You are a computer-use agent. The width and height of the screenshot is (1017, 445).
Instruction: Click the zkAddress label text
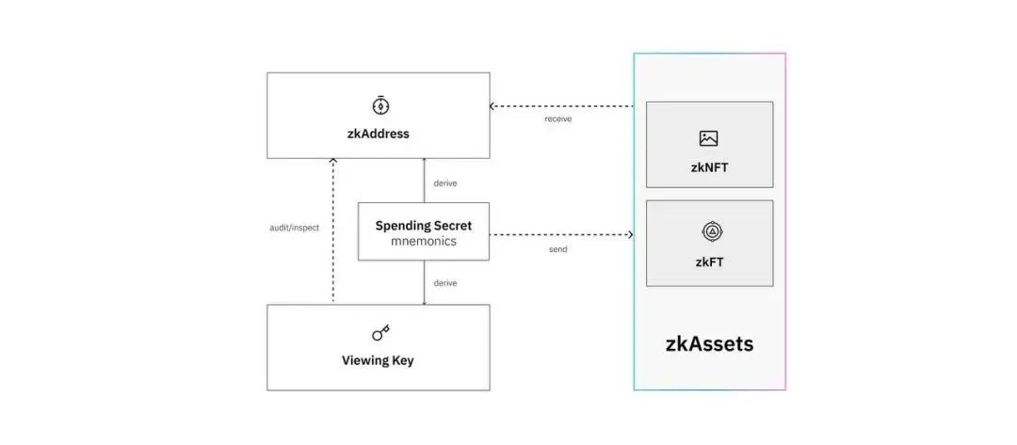click(x=379, y=135)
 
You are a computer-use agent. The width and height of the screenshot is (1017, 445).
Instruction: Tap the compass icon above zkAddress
click(x=380, y=105)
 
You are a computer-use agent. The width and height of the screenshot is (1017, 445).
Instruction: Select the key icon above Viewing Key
click(x=380, y=333)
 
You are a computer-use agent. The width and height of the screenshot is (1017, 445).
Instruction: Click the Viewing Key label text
click(x=378, y=360)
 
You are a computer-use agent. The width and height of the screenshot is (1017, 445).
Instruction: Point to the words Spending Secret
click(x=424, y=226)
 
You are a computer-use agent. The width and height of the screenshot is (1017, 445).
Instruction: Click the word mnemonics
click(x=424, y=242)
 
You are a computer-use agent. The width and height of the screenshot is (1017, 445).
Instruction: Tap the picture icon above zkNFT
click(x=709, y=138)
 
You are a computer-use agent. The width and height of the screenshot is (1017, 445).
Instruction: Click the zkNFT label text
click(x=709, y=167)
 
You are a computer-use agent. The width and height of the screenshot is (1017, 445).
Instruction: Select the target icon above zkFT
click(x=712, y=231)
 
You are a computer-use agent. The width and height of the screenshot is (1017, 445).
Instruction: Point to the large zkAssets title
click(x=710, y=343)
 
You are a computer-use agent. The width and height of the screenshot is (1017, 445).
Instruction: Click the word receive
click(x=558, y=119)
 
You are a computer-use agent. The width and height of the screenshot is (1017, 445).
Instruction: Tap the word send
click(x=557, y=249)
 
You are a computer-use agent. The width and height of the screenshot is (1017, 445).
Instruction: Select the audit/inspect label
click(x=295, y=228)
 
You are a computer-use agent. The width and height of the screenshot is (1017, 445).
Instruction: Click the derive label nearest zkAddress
click(x=444, y=183)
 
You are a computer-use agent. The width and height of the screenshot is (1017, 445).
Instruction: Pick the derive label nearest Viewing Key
click(x=444, y=283)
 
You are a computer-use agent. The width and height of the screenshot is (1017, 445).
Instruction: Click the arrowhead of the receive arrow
click(x=492, y=105)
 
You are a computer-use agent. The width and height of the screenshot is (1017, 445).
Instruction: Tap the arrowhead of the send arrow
click(x=630, y=234)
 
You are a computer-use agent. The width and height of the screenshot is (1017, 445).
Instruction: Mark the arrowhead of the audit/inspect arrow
click(x=332, y=161)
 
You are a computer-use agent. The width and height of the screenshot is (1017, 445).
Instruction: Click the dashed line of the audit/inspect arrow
click(x=332, y=230)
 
